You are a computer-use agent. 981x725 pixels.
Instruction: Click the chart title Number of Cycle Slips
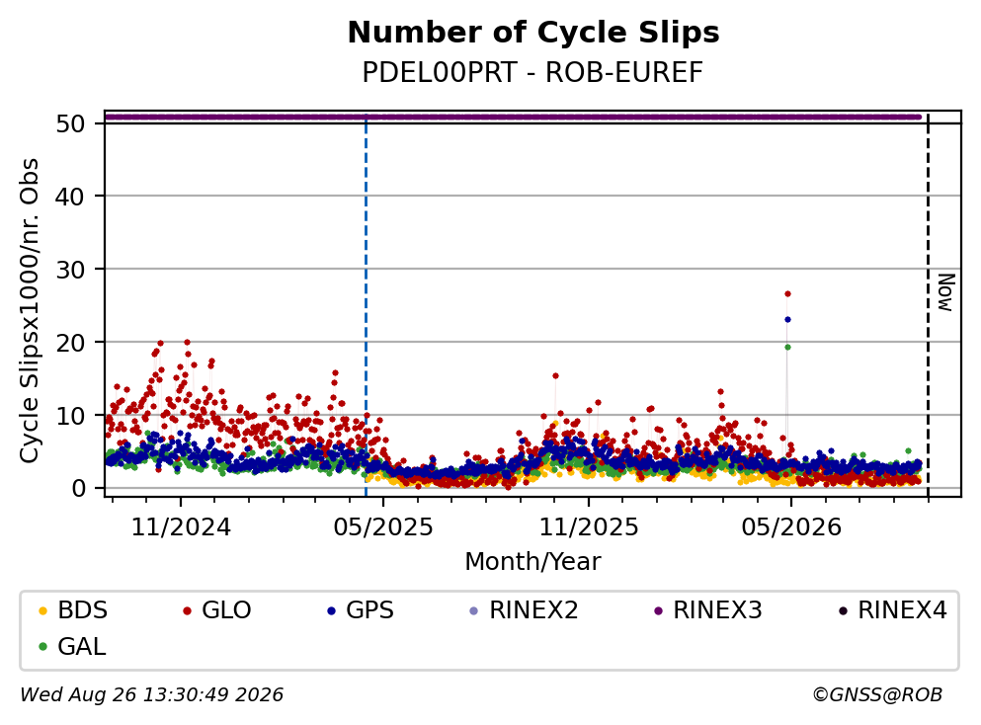click(533, 33)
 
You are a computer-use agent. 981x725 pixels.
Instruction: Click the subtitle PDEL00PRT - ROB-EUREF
click(533, 72)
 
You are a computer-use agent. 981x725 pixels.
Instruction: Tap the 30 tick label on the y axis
click(70, 270)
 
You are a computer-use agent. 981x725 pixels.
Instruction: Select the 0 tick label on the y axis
click(78, 489)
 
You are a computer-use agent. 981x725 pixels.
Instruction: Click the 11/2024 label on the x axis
click(181, 527)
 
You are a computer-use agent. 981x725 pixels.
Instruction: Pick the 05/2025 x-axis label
click(383, 527)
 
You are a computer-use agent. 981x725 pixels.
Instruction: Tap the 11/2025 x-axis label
click(589, 527)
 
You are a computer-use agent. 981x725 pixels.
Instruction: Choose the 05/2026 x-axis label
click(791, 527)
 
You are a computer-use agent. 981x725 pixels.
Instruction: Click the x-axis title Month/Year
click(533, 562)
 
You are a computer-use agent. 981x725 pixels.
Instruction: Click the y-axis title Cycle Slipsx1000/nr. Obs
click(30, 311)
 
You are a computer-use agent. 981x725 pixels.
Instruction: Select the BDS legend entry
click(73, 609)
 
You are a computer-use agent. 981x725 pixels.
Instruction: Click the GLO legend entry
click(217, 609)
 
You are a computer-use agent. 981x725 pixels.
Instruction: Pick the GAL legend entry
click(72, 646)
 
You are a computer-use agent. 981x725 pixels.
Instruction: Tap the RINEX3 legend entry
click(708, 609)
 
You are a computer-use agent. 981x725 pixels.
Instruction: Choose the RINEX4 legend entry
click(893, 609)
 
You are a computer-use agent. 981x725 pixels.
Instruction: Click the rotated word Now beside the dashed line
click(945, 292)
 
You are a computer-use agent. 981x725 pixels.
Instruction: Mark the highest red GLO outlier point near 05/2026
click(787, 294)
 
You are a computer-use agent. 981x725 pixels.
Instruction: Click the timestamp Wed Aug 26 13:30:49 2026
click(152, 695)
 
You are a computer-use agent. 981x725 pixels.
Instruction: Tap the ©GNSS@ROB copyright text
click(877, 695)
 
